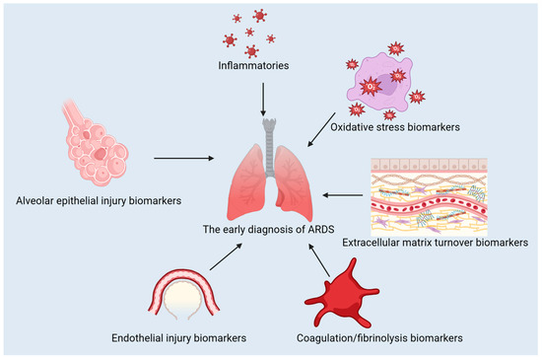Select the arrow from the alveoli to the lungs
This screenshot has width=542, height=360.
186,156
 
